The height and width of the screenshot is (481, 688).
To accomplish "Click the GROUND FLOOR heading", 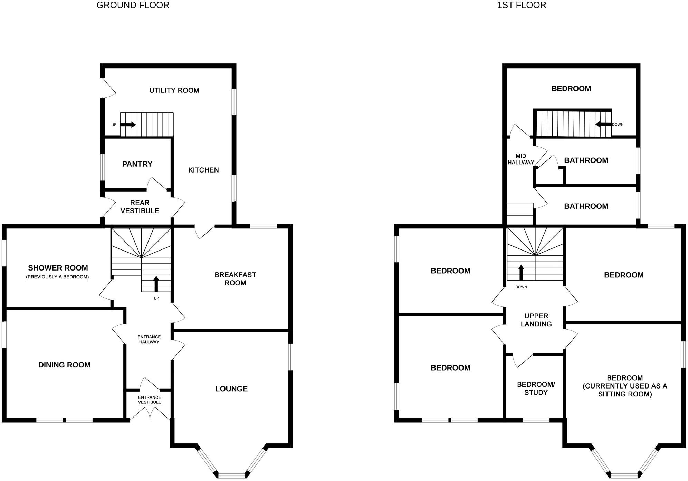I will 133,5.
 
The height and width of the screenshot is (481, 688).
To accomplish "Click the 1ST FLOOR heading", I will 521,5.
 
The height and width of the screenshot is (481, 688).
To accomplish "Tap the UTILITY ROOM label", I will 174,90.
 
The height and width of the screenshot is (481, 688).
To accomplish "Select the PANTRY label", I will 137,164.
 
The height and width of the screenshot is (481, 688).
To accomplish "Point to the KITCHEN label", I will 203,170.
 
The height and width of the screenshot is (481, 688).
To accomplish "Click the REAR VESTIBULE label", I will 140,207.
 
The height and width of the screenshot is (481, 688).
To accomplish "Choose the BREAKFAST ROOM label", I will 235,279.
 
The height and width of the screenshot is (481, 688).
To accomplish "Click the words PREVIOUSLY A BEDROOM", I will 57,277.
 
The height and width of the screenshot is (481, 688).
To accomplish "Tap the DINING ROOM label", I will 64,365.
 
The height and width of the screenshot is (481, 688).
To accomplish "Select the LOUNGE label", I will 231,389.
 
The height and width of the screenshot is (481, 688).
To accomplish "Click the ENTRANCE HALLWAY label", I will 149,340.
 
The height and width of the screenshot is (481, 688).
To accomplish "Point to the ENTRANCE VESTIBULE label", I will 150,400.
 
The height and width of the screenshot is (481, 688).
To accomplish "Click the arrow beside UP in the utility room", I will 128,125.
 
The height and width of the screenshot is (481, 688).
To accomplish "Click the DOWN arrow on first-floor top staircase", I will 603,124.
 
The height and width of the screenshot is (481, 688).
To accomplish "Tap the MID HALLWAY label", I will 520,159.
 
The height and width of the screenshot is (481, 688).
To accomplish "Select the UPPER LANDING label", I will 536,320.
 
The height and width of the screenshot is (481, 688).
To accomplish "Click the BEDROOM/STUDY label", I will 536,389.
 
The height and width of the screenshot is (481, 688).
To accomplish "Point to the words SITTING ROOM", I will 625,394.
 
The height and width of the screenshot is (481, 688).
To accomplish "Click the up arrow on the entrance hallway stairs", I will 156,284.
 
